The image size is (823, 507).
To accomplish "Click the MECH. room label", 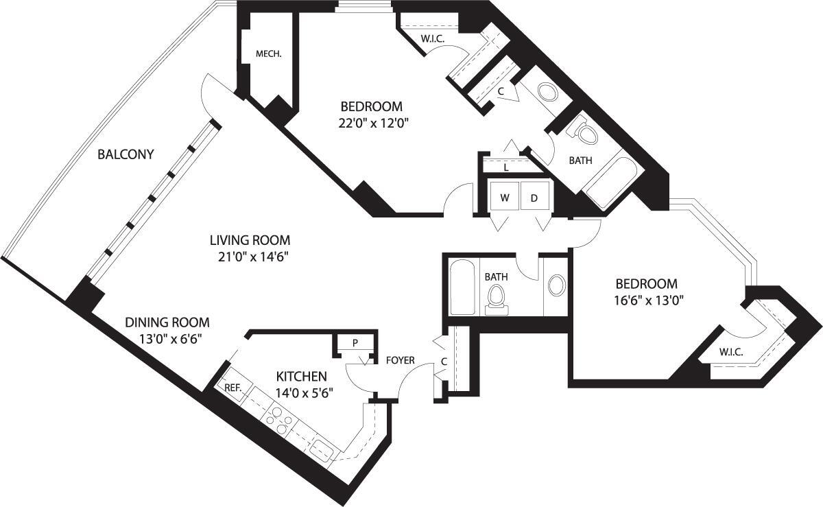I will (x=269, y=54).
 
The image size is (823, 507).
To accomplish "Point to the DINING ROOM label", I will (x=167, y=322).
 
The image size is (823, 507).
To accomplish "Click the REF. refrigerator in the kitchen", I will (x=233, y=388).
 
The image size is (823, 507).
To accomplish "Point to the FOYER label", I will (x=400, y=360).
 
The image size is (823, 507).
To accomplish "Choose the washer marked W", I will (x=504, y=198).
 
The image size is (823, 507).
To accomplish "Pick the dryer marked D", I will (x=534, y=198).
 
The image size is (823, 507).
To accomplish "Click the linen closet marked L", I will (x=505, y=166).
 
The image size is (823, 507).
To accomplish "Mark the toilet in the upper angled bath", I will (x=584, y=131).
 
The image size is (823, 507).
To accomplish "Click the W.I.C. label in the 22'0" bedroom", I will (x=433, y=39).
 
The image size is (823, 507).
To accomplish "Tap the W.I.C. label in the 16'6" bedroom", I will (x=730, y=353).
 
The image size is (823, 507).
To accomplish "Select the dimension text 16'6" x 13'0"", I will (x=646, y=300).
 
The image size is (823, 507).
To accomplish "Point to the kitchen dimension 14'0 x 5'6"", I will (x=302, y=394).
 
